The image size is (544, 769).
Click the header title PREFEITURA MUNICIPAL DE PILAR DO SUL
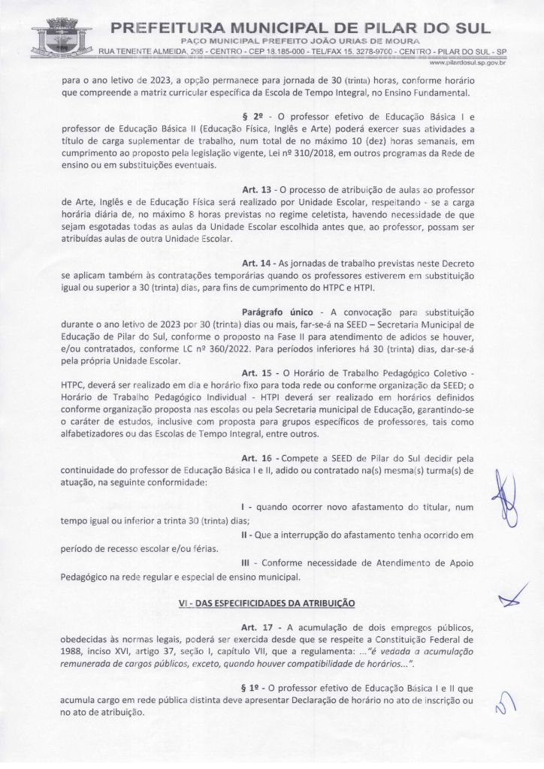301,28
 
